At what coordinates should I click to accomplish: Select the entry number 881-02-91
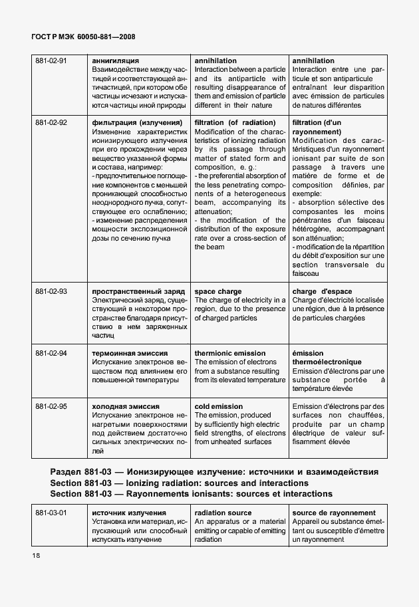[51, 61]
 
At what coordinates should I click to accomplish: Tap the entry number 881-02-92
[51, 123]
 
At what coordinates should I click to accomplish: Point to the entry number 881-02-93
[51, 292]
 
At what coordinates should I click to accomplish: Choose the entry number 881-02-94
[51, 354]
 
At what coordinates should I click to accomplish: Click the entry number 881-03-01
[51, 513]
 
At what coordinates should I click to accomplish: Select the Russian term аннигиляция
[116, 61]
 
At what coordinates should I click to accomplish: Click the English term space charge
[218, 292]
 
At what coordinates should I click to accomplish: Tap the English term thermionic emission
[229, 354]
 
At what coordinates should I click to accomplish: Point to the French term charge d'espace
[322, 292]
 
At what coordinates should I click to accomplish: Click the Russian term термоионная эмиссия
[130, 354]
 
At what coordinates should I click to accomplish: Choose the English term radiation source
[223, 513]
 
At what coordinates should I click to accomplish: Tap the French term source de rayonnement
[334, 513]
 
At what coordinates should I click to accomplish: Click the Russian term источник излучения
[129, 513]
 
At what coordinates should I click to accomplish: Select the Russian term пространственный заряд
[137, 292]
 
